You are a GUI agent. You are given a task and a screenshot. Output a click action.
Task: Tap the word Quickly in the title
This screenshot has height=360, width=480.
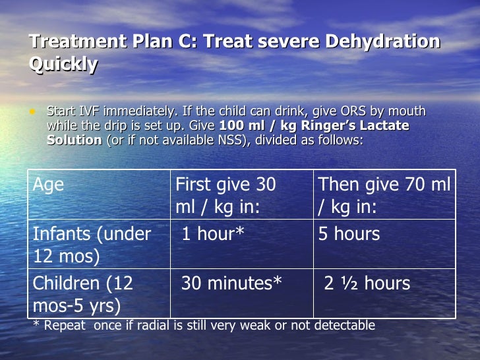click(64, 65)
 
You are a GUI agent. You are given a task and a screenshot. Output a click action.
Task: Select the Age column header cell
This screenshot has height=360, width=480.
click(49, 185)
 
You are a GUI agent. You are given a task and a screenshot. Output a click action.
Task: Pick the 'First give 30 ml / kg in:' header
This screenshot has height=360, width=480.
click(225, 195)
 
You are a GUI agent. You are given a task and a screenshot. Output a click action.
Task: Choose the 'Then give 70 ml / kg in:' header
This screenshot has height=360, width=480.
click(384, 195)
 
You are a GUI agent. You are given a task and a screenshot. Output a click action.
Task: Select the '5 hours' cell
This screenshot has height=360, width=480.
click(349, 234)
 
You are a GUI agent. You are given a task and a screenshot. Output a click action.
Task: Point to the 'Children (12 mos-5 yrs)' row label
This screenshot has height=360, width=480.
click(84, 294)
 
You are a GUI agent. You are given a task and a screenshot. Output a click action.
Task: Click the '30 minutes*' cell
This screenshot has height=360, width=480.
click(231, 284)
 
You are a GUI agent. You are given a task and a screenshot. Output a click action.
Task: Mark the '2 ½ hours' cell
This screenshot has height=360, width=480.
click(367, 284)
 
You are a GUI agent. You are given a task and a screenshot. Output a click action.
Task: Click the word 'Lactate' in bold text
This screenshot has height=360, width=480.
click(380, 125)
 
